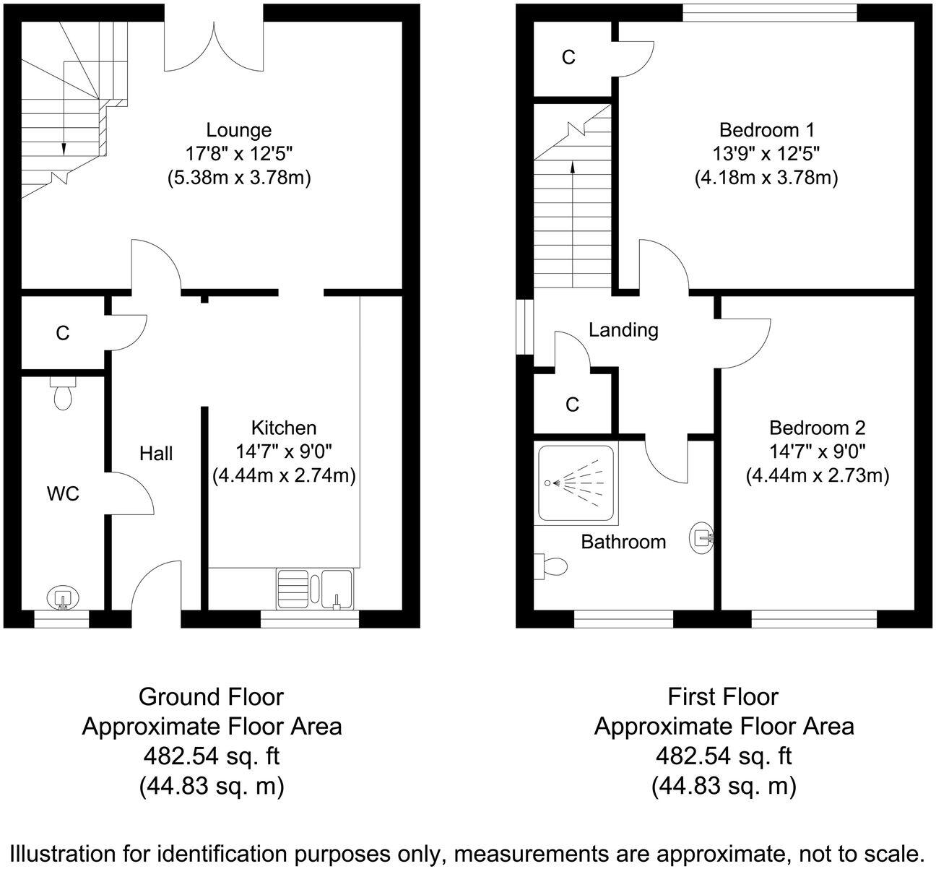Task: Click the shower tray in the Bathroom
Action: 577,483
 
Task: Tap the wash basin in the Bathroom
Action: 702,537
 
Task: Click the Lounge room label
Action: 239,130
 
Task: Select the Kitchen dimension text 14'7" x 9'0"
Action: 284,451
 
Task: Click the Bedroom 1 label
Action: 767,130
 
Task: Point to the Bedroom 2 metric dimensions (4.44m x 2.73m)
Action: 818,476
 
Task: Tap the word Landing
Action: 623,330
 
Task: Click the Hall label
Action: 156,453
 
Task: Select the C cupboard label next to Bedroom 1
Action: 568,58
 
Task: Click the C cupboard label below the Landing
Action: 572,405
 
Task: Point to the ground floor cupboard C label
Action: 63,333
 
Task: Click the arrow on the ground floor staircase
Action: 64,147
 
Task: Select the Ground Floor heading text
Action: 211,697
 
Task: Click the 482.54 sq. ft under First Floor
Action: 724,756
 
